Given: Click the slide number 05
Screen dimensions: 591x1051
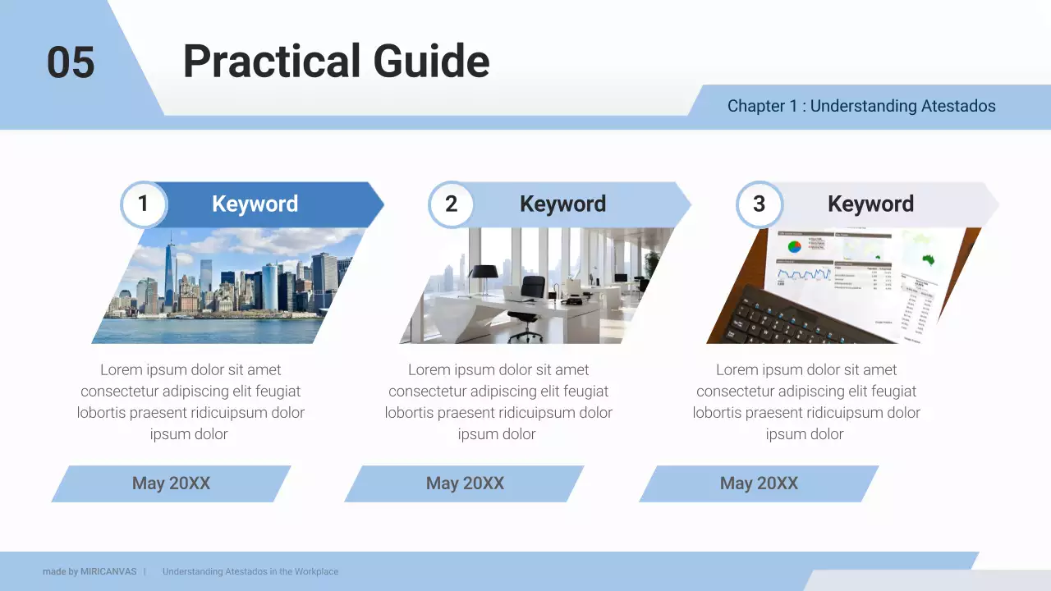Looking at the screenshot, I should [x=71, y=62].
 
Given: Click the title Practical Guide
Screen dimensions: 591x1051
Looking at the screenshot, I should [x=336, y=62].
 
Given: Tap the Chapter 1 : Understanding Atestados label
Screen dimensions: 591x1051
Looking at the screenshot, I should [x=861, y=106].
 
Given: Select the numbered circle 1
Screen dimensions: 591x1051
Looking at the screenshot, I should [x=143, y=204].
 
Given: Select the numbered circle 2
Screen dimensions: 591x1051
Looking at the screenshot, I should [x=451, y=204].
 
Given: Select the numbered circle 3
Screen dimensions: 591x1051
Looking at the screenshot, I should [x=759, y=204].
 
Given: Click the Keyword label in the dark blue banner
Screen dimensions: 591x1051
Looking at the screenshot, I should [x=255, y=204].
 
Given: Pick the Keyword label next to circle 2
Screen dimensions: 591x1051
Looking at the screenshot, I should [x=562, y=204].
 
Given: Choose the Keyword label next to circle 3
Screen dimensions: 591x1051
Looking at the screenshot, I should [x=870, y=204].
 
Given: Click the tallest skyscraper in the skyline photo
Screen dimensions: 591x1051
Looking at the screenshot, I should [x=169, y=271].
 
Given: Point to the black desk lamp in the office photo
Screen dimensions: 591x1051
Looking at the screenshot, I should [x=483, y=275].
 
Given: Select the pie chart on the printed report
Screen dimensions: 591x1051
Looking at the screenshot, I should [x=794, y=246].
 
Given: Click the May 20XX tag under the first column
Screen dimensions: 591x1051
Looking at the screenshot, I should [x=171, y=483].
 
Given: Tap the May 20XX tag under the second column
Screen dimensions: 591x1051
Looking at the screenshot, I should [x=465, y=483].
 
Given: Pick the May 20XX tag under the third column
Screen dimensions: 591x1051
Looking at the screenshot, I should [x=759, y=483].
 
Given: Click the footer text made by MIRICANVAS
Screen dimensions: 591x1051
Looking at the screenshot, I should [x=89, y=571].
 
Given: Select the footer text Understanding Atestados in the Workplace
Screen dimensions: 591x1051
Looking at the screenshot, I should [x=250, y=571].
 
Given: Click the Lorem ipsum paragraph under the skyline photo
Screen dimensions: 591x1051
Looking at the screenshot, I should [x=190, y=402].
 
